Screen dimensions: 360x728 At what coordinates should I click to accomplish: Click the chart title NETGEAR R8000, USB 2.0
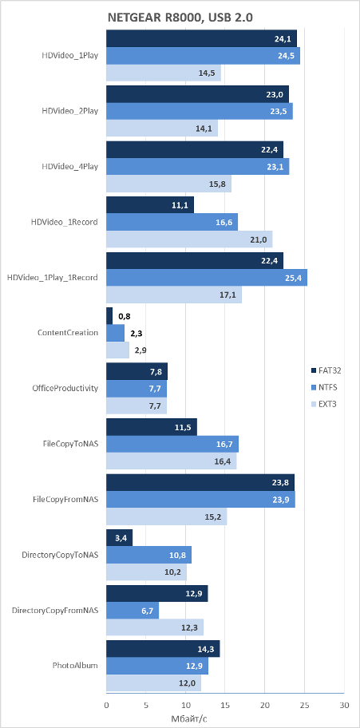click(x=180, y=18)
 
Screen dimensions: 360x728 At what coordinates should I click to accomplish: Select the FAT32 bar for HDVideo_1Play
click(x=202, y=38)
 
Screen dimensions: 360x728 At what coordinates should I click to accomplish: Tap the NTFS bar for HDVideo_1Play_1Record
click(x=207, y=277)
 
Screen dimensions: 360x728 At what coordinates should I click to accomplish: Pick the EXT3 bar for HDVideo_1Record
click(x=189, y=239)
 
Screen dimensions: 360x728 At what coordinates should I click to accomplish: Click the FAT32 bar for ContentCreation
click(x=109, y=316)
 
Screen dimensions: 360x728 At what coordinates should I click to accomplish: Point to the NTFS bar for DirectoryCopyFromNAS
click(x=133, y=610)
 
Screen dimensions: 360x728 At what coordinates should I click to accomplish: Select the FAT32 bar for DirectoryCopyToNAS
click(x=120, y=538)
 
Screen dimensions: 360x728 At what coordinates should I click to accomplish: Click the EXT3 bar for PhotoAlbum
click(x=154, y=682)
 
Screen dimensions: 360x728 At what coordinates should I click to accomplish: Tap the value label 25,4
click(x=295, y=278)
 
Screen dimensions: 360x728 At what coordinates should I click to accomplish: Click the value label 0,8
click(x=124, y=316)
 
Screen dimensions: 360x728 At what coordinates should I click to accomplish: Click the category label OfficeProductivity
click(x=68, y=388)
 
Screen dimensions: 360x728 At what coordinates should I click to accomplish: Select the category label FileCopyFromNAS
click(x=65, y=499)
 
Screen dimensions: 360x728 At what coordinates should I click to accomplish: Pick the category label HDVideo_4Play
click(x=69, y=166)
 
